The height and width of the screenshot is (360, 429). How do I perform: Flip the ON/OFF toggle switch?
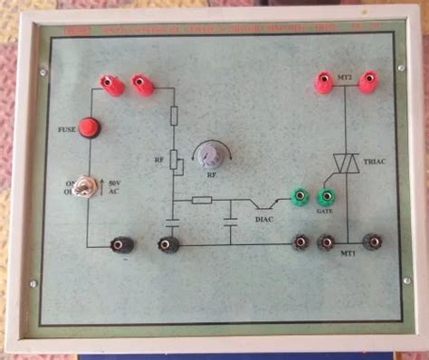(89, 190)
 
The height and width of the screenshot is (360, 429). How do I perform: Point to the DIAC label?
(264, 218)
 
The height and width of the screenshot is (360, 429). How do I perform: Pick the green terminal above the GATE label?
(325, 195)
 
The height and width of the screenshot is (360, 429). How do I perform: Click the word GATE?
(325, 211)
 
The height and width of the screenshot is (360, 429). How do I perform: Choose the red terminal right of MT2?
(367, 83)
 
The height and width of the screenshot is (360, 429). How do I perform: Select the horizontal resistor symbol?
(202, 200)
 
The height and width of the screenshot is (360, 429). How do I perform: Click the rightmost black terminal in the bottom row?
(371, 242)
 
